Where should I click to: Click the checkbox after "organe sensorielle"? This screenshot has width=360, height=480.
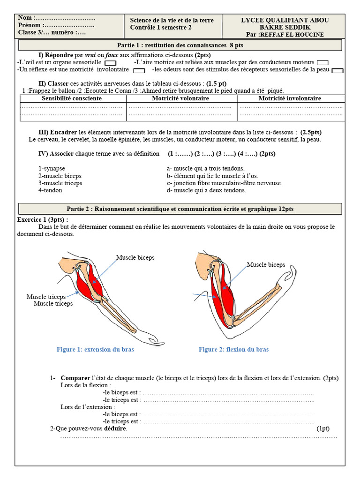coord(110,63)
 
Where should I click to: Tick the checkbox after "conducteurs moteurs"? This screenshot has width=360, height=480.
coord(322,63)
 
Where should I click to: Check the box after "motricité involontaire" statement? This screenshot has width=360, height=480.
coord(139,71)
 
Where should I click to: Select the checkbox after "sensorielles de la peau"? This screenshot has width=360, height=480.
coord(337,71)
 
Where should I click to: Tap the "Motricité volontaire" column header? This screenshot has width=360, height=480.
coord(180,98)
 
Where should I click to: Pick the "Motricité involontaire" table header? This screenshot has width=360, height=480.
coord(290,98)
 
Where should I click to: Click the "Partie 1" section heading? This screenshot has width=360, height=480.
coord(180,45)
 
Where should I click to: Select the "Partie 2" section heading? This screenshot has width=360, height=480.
coord(180,209)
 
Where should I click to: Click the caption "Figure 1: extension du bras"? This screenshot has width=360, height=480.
coord(95,350)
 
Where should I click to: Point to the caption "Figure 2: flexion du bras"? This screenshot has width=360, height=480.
coord(233,350)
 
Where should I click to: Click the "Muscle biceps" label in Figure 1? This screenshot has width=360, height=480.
coord(135,258)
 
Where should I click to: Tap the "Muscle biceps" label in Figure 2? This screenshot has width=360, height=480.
coord(266,265)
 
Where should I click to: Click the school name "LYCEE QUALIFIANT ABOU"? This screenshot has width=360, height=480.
coord(285,20)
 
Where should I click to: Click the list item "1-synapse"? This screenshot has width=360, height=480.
coord(52,168)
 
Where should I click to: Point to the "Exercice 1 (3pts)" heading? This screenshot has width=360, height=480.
coord(43,219)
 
